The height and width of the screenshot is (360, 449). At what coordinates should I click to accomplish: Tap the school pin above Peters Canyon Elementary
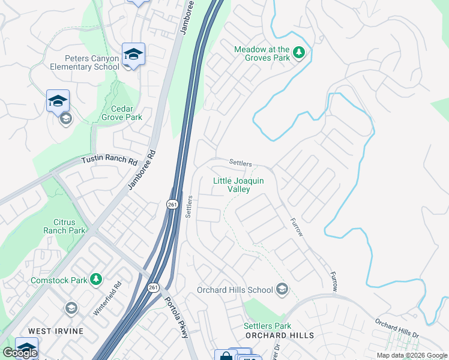tap(133, 55)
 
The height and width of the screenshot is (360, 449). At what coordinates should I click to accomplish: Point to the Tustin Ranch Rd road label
tap(110, 160)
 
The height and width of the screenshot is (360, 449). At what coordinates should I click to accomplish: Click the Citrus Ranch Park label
tap(65, 226)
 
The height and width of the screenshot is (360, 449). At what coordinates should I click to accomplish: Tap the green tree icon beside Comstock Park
tap(95, 280)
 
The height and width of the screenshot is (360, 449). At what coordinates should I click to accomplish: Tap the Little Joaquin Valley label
tap(238, 185)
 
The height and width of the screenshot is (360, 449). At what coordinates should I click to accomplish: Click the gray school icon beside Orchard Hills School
tap(282, 290)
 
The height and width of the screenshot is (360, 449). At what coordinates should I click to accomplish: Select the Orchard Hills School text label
tap(235, 290)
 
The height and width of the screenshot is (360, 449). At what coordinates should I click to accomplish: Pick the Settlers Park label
tap(267, 326)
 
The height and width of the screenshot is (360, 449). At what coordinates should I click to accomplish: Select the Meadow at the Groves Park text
tap(262, 53)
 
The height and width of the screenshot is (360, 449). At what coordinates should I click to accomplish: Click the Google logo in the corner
tap(20, 353)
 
